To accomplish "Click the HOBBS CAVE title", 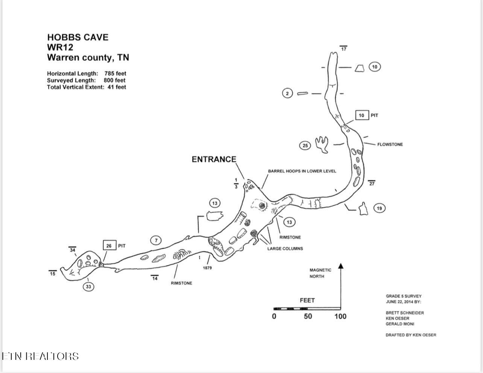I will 77,37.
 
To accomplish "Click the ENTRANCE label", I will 214,159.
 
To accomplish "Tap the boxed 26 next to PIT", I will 109,246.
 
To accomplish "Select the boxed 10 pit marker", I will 361,115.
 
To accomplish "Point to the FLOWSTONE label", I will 390,144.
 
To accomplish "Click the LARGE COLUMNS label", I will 285,249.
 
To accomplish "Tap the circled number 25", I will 305,146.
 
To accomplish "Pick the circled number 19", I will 379,208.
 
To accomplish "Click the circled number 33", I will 88,287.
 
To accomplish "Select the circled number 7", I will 156,240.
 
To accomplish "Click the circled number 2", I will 287,93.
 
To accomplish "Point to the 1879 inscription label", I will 207,268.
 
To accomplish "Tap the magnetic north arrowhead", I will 341,266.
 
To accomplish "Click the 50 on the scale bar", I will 308,316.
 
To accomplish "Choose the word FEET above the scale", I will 307,300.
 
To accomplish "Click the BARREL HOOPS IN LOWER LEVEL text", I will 302,171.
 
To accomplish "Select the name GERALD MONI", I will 399,324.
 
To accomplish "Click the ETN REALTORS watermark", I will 41,356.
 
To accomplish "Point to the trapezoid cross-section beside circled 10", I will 359,68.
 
